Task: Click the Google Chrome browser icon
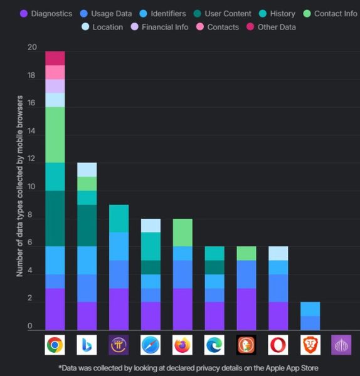[x=55, y=345]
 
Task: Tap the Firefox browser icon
[x=182, y=345]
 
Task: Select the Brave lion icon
[x=309, y=345]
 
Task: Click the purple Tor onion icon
[x=341, y=345]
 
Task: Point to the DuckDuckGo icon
[x=246, y=345]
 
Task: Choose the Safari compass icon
[x=151, y=345]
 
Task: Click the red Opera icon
[x=278, y=345]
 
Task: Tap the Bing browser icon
[x=87, y=345]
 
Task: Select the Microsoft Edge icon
[x=214, y=345]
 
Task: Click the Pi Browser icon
[x=119, y=345]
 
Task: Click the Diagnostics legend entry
[x=46, y=13]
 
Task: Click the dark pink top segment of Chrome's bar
[x=55, y=58]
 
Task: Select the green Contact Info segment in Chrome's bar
[x=55, y=135]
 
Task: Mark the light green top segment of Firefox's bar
[x=182, y=232]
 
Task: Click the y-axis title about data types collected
[x=20, y=186]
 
